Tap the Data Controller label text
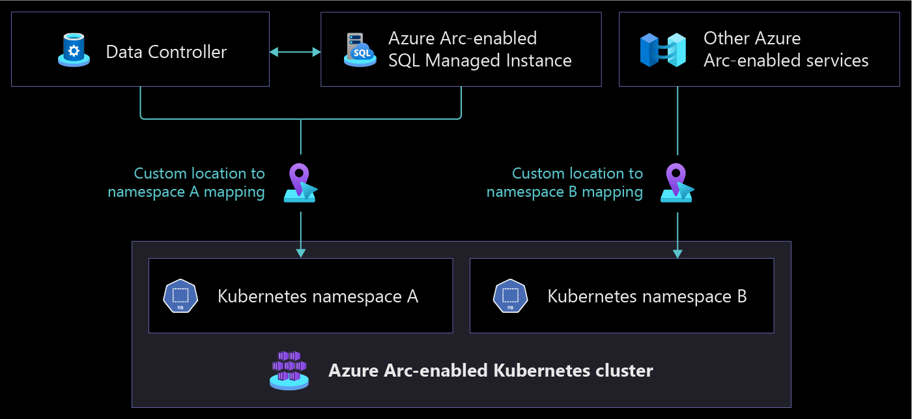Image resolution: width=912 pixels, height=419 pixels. point(166,52)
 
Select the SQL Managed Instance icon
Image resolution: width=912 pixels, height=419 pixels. point(360,50)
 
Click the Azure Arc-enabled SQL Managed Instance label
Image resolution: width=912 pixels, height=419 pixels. point(479,50)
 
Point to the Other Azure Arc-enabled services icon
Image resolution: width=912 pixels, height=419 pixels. point(663,50)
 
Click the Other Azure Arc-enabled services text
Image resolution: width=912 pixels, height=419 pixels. point(786,50)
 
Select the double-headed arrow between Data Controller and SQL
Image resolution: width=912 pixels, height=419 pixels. point(295,51)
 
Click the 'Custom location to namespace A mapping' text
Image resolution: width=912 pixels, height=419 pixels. point(186,182)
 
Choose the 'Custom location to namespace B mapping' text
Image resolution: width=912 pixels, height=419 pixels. point(565,182)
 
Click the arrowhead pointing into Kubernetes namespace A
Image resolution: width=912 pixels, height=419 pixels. point(300,252)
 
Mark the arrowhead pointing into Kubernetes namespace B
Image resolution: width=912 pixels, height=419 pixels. point(677,252)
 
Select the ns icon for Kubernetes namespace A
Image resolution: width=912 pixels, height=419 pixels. point(180,296)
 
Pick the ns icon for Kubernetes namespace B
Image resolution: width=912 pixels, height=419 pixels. point(510,296)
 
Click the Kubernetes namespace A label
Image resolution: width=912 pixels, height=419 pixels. point(318,296)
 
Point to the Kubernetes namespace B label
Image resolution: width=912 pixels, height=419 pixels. point(647,296)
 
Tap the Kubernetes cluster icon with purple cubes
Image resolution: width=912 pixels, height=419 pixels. point(289,370)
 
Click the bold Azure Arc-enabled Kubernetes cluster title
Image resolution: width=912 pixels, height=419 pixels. point(491,371)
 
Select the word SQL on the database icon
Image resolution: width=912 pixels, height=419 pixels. point(362,53)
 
